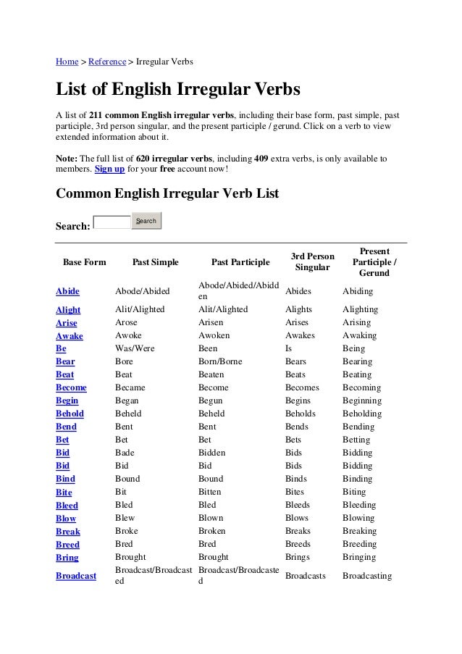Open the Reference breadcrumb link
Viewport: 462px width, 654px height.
pyautogui.click(x=106, y=61)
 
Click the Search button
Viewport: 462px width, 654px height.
pyautogui.click(x=146, y=221)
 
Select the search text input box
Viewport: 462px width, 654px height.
pyautogui.click(x=112, y=222)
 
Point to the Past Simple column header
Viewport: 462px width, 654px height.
pyautogui.click(x=155, y=262)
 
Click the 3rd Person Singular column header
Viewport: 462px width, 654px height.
pyautogui.click(x=312, y=262)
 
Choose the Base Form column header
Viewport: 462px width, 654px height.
pyautogui.click(x=85, y=262)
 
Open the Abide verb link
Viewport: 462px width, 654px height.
pyautogui.click(x=68, y=291)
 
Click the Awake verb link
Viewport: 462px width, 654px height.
pyautogui.click(x=70, y=336)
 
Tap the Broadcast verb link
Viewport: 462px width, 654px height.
pyautogui.click(x=76, y=577)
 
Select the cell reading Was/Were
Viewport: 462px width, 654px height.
pyautogui.click(x=135, y=348)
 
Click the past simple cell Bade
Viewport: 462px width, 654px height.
pyautogui.click(x=125, y=453)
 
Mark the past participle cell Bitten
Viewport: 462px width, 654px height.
pyautogui.click(x=211, y=492)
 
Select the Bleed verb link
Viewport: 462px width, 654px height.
pyautogui.click(x=67, y=506)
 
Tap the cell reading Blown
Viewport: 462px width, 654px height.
pyautogui.click(x=211, y=518)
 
